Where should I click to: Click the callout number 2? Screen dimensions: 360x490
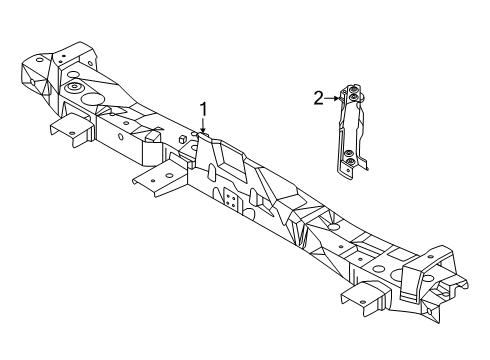[x=318, y=98]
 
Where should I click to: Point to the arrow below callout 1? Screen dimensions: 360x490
[x=203, y=126]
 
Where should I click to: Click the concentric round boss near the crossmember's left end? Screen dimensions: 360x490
[x=74, y=91]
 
